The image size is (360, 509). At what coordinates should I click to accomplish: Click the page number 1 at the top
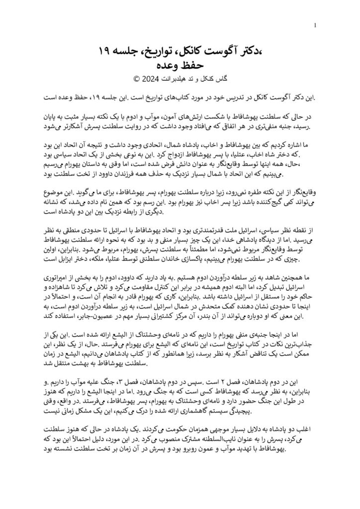pyautogui.click(x=316, y=25)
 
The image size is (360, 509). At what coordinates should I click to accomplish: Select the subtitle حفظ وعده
pyautogui.click(x=180, y=64)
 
